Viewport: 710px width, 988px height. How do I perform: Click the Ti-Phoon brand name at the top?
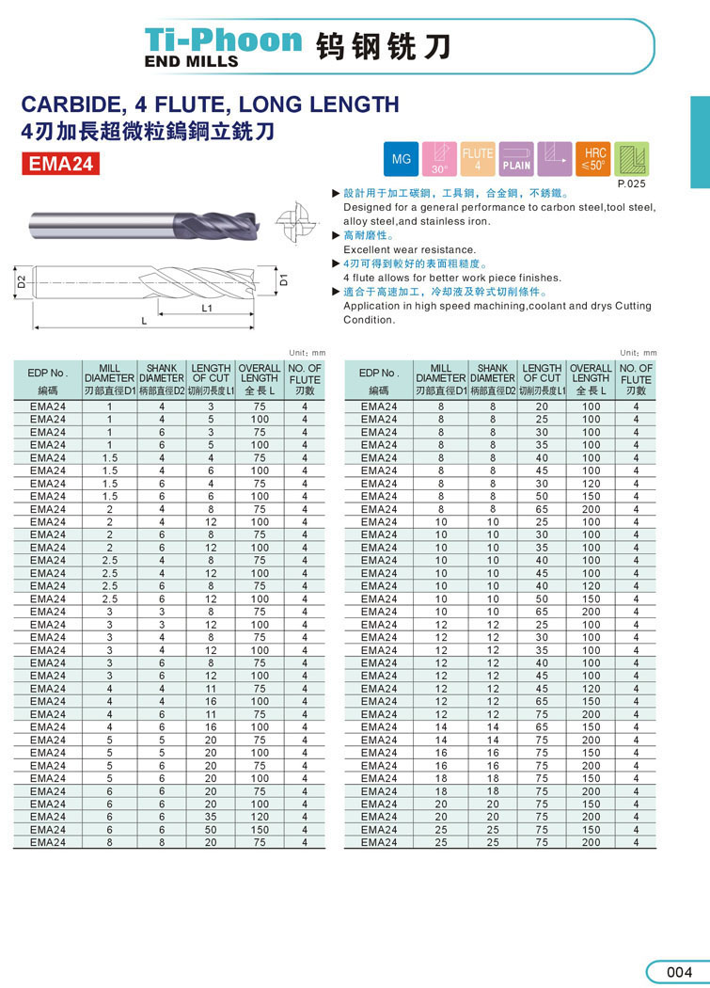pyautogui.click(x=224, y=39)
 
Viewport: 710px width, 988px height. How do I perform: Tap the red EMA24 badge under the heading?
pyautogui.click(x=61, y=164)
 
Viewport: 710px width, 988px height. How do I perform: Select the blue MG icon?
pyautogui.click(x=402, y=159)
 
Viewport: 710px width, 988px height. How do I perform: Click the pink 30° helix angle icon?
pyautogui.click(x=439, y=159)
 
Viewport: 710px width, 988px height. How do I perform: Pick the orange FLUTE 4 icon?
pyautogui.click(x=478, y=159)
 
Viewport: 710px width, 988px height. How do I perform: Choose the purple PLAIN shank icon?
pyautogui.click(x=516, y=159)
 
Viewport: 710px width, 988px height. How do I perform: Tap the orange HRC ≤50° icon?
pyautogui.click(x=594, y=159)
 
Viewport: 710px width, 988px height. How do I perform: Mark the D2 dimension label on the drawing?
pyautogui.click(x=20, y=280)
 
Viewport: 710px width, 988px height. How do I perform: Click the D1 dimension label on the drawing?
pyautogui.click(x=283, y=279)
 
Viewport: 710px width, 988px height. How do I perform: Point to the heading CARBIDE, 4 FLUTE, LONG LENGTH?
pyautogui.click(x=210, y=104)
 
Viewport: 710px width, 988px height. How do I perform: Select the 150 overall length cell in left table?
pyautogui.click(x=260, y=830)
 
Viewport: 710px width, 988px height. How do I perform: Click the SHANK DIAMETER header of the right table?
pyautogui.click(x=493, y=373)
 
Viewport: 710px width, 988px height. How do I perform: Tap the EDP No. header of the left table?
pyautogui.click(x=48, y=373)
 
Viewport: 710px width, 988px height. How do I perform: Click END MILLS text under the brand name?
pyautogui.click(x=191, y=61)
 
